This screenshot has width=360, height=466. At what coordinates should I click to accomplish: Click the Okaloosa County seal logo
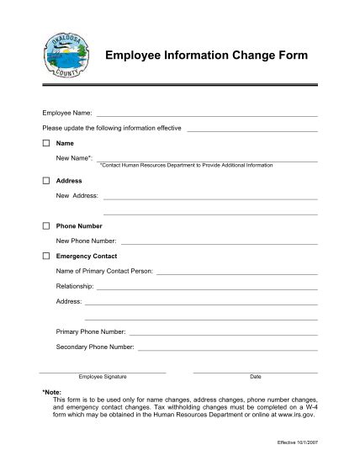click(x=63, y=58)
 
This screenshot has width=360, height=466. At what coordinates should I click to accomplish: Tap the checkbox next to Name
click(x=45, y=144)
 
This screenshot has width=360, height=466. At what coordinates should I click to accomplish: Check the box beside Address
click(x=45, y=181)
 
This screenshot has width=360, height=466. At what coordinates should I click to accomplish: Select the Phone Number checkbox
click(x=45, y=226)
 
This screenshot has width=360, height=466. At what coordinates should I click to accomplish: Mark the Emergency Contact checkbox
click(x=45, y=256)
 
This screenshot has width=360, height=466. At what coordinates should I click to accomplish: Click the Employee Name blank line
click(x=207, y=115)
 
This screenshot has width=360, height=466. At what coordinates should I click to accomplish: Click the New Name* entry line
click(x=207, y=160)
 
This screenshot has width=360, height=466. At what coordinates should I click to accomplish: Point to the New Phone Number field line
click(x=219, y=243)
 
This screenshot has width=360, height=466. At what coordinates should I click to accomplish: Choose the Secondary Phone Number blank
click(x=227, y=348)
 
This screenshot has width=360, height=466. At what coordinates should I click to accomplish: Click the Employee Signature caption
click(x=103, y=377)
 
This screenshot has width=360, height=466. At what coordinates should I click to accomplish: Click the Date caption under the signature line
click(x=256, y=377)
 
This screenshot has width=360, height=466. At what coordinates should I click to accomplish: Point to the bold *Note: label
click(x=51, y=393)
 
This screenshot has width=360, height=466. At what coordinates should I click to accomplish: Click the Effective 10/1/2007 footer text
click(x=297, y=442)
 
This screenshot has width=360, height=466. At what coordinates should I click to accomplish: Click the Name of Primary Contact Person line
click(x=236, y=273)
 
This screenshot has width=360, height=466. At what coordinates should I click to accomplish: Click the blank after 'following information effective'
click(x=251, y=130)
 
